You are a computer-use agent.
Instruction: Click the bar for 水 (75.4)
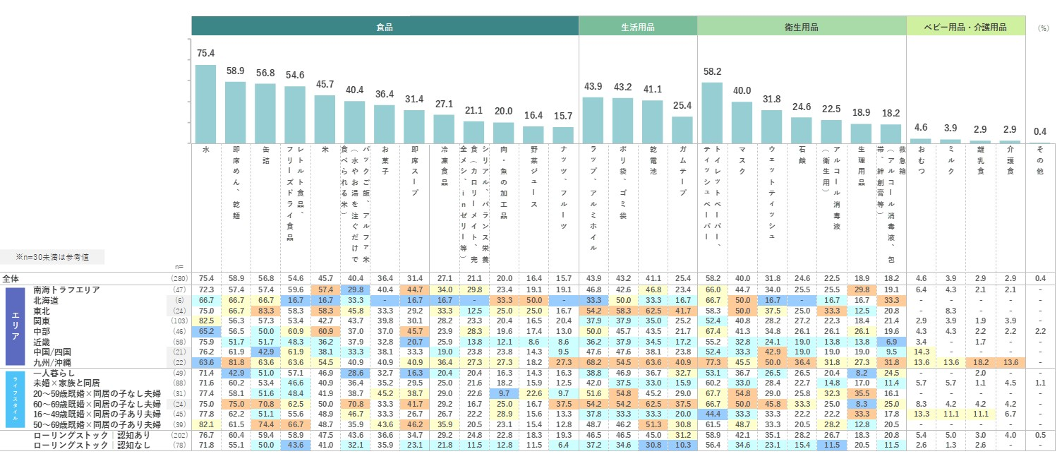pyautogui.click(x=205, y=104)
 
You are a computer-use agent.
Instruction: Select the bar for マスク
pyautogui.click(x=742, y=123)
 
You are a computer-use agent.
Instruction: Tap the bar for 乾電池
pyautogui.click(x=652, y=122)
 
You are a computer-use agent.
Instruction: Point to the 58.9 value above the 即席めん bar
pyautogui.click(x=235, y=71)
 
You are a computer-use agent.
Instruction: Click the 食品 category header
pyautogui.click(x=385, y=27)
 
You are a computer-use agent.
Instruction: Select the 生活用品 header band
pyautogui.click(x=638, y=27)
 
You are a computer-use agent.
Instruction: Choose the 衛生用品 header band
pyautogui.click(x=802, y=27)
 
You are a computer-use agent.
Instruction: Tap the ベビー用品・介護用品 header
pyautogui.click(x=966, y=27)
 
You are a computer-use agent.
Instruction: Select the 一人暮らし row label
pyautogui.click(x=52, y=372)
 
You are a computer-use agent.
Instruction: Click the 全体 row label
pyautogui.click(x=11, y=278)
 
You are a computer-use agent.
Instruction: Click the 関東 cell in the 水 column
pyautogui.click(x=205, y=321)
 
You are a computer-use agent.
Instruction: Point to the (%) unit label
pyautogui.click(x=1043, y=28)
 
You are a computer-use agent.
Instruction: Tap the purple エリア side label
pyautogui.click(x=16, y=325)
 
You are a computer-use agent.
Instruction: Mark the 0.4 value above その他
pyautogui.click(x=1040, y=131)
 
